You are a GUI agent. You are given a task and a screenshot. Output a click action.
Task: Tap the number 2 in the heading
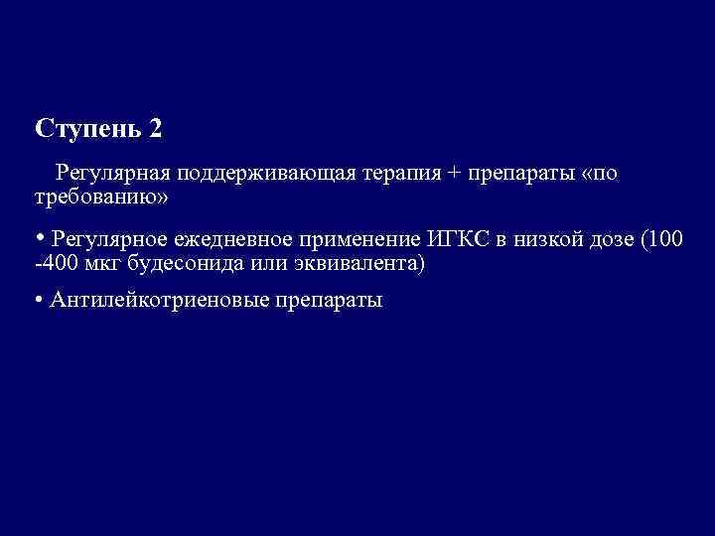point(154,129)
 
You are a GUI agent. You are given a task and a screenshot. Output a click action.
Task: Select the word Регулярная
point(113,174)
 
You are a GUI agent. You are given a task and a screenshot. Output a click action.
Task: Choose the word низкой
point(548,239)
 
